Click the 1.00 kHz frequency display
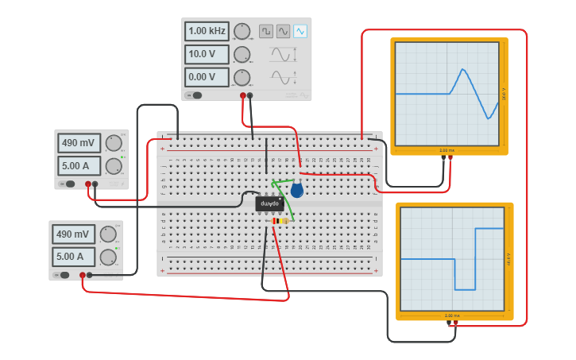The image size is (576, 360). tap(207, 32)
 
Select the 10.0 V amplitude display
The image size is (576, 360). tap(207, 55)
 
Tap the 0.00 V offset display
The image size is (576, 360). tap(207, 77)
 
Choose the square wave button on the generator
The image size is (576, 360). tap(265, 31)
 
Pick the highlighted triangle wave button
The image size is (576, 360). tap(300, 31)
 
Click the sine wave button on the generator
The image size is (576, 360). tap(283, 31)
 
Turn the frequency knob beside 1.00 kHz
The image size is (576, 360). tap(242, 32)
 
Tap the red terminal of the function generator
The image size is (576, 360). tap(243, 95)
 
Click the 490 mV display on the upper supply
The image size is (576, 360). tap(79, 143)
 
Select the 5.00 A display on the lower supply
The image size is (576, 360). tap(73, 257)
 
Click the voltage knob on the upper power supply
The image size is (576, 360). tap(114, 143)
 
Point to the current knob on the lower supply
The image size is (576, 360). tap(108, 257)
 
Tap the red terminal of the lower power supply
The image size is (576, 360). tap(83, 275)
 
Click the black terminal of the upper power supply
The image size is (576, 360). tap(95, 184)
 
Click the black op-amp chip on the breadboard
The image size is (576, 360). tap(269, 203)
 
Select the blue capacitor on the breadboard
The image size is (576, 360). tap(296, 189)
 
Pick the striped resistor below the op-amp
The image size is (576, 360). tap(280, 221)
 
